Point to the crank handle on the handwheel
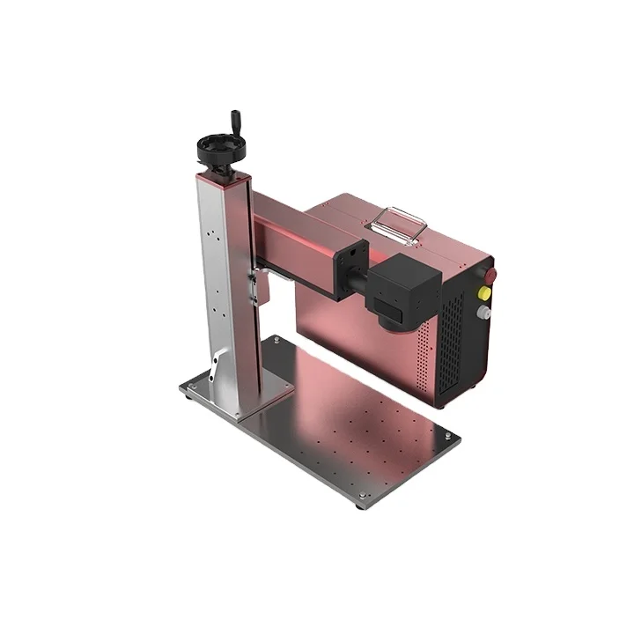pos(235,121)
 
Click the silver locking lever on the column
pos(216,364)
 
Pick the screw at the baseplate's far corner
pos(276,340)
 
